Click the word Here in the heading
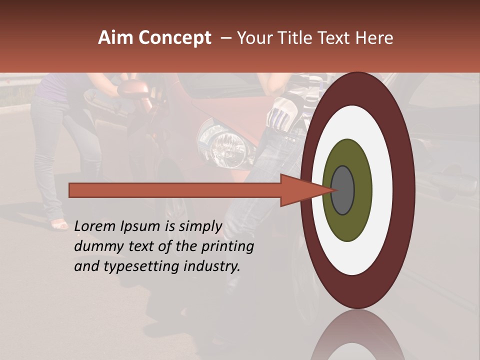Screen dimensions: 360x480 click(x=374, y=38)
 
